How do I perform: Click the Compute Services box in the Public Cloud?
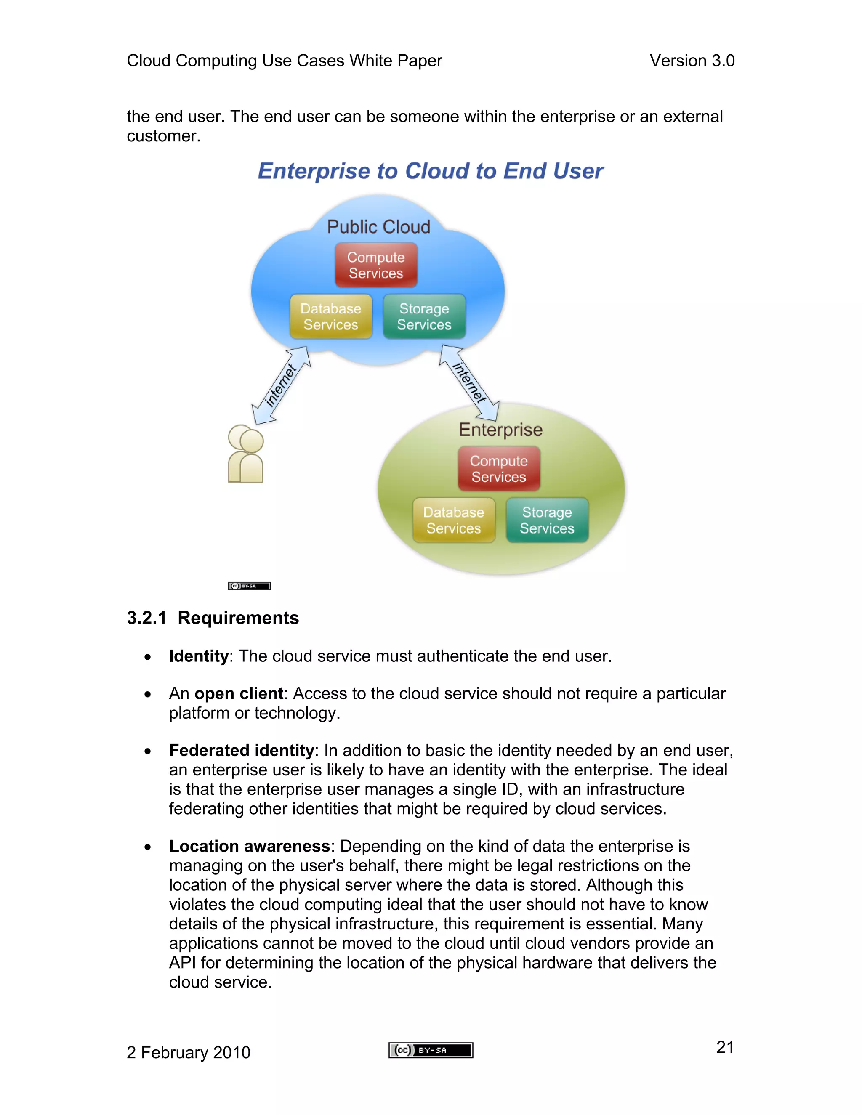point(376,265)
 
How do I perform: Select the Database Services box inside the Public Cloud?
point(331,316)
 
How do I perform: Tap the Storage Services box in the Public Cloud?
point(424,316)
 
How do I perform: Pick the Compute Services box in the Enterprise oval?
point(498,469)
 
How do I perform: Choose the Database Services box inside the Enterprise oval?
point(453,520)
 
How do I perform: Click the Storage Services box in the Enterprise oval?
point(547,520)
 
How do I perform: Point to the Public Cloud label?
point(378,227)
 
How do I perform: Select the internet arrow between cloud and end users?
point(281,385)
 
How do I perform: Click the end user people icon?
point(246,454)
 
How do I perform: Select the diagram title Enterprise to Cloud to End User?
point(430,171)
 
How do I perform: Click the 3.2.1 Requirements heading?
point(213,618)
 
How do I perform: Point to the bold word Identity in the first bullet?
point(199,656)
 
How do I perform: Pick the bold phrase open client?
point(239,693)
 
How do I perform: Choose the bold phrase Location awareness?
point(249,846)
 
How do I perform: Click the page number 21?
point(725,1047)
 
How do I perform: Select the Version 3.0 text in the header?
point(692,61)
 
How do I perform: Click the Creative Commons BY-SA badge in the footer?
point(431,1050)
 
